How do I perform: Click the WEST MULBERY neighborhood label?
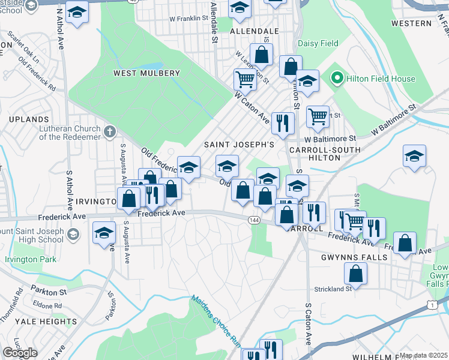[146, 73]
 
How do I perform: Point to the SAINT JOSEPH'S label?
[239, 145]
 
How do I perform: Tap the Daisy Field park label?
[319, 44]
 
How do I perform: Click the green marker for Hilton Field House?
[337, 79]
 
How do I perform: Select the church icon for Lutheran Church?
[109, 131]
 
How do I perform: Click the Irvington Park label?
[31, 260]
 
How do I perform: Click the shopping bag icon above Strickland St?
[355, 274]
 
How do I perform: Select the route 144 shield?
[254, 221]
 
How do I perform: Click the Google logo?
[20, 353]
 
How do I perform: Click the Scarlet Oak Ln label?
[23, 52]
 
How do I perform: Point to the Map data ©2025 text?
[423, 355]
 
